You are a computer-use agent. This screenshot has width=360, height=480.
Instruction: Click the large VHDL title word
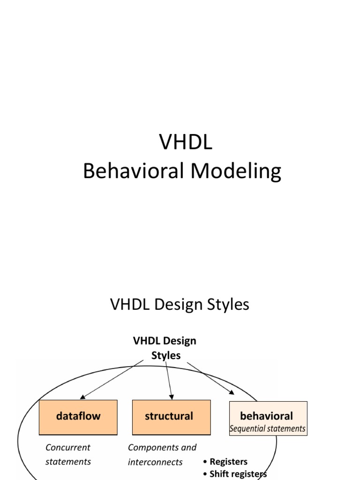coord(186,142)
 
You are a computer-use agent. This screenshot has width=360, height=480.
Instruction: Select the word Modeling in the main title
coord(236,171)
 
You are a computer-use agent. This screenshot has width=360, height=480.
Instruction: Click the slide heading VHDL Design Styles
coord(180,304)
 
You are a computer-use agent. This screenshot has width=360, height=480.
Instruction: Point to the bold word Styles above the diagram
coord(166,355)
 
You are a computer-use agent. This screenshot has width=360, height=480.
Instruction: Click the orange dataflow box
coord(78,417)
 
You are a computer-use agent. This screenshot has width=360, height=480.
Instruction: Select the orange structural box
coord(172,417)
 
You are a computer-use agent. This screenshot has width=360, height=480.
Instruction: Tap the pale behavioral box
coord(268,419)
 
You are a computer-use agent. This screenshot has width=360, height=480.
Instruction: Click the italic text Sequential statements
coord(268,428)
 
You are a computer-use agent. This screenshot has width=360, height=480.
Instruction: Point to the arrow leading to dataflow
coord(112,380)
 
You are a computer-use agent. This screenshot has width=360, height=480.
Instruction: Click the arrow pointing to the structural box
coord(169,381)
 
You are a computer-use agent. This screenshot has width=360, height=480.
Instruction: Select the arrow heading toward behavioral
coord(210,378)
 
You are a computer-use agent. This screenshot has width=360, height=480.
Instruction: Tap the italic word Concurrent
coord(67,447)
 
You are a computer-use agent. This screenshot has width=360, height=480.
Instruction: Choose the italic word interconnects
coord(155,462)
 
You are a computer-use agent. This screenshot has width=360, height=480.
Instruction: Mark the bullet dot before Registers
coord(205,462)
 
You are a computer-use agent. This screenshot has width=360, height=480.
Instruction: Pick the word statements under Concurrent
coord(68,462)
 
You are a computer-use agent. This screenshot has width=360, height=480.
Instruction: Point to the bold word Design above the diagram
coord(180,341)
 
